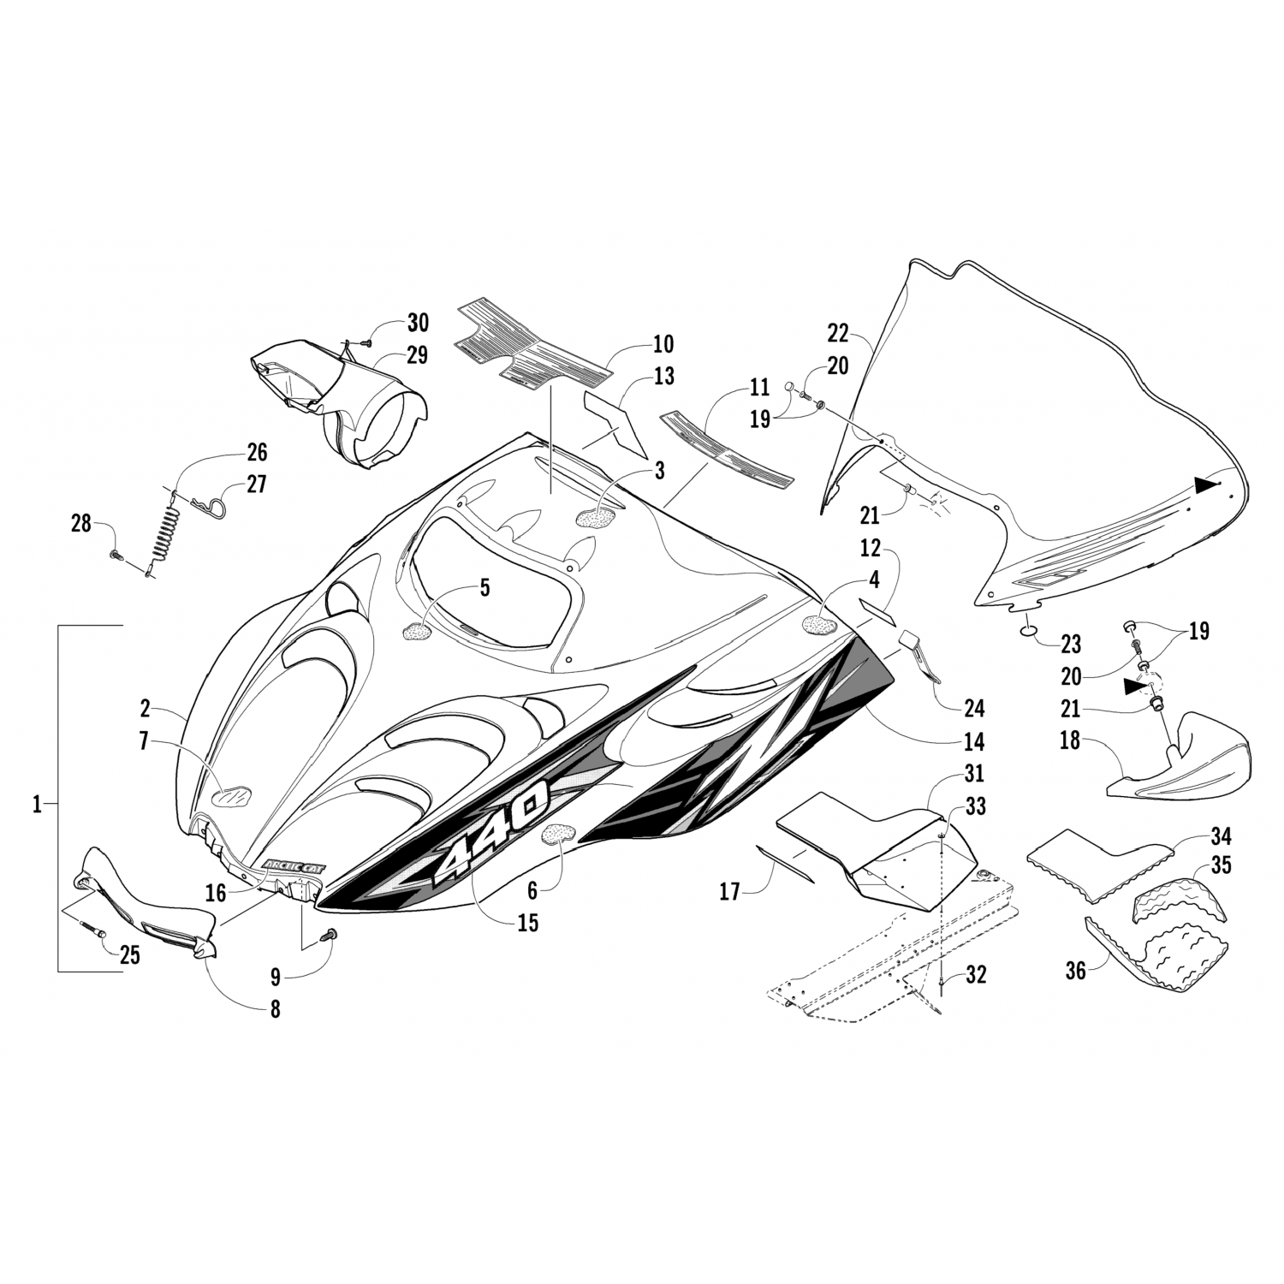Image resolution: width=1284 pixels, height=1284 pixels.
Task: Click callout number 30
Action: coord(418,324)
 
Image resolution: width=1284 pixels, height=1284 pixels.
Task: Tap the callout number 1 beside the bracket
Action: coord(37,805)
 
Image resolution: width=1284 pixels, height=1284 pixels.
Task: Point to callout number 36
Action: coord(1075,971)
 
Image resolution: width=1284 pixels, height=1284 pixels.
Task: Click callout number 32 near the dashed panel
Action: coord(976,974)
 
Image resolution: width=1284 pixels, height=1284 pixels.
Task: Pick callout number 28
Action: coord(80,522)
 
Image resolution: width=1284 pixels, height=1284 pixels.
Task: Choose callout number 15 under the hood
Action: coord(528,924)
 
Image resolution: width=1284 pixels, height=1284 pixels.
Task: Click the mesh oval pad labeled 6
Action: coord(558,833)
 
